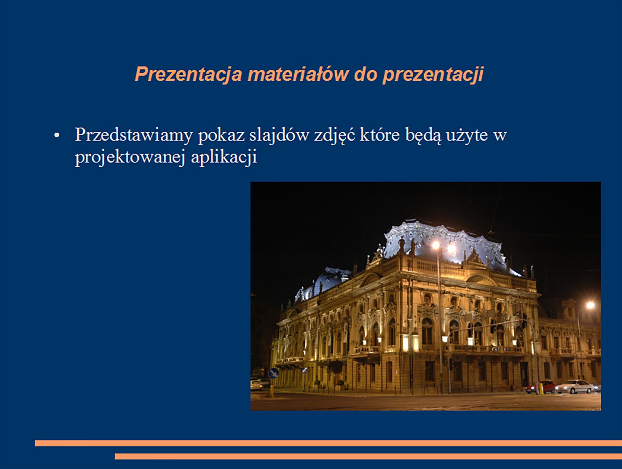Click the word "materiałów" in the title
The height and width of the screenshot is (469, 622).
[x=298, y=74]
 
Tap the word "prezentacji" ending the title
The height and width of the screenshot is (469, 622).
[x=433, y=75]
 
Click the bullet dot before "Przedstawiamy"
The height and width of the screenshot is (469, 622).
[x=57, y=135]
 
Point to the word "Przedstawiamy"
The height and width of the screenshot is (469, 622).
[x=134, y=135]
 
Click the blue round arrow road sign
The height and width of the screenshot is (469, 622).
[x=273, y=373]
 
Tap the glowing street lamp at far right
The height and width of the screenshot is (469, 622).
[x=590, y=305]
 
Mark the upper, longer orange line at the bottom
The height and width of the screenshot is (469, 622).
[x=328, y=443]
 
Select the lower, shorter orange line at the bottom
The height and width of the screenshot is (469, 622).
[x=368, y=456]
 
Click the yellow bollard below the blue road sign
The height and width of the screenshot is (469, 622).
[x=272, y=391]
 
